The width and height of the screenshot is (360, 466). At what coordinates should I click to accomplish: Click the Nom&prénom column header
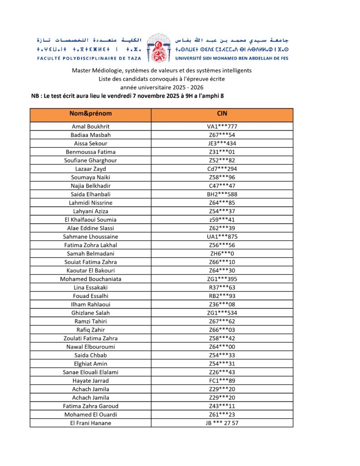click(x=91, y=113)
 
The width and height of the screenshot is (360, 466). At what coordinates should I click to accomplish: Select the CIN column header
click(x=222, y=113)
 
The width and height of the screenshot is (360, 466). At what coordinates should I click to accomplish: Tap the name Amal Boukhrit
click(x=91, y=127)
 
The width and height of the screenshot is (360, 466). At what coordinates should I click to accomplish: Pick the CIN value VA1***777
click(x=222, y=127)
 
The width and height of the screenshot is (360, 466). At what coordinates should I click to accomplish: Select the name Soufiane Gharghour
click(x=91, y=160)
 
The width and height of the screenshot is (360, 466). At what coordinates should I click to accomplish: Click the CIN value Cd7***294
click(x=222, y=169)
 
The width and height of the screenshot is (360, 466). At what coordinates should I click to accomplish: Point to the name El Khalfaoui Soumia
click(x=91, y=219)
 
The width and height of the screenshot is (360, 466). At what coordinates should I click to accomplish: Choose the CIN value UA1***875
click(x=222, y=237)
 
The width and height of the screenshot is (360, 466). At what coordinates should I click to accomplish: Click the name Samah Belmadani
click(x=91, y=253)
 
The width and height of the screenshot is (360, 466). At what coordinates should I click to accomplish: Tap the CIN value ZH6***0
click(x=222, y=253)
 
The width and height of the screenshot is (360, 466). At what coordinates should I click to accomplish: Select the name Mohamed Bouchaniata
click(x=91, y=279)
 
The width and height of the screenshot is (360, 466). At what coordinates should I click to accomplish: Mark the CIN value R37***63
click(x=222, y=287)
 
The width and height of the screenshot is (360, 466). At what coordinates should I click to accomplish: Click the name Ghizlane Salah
click(x=91, y=313)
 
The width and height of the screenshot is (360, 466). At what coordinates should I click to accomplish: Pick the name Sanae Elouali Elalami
click(x=91, y=372)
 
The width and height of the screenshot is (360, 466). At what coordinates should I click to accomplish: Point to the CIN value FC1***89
click(x=222, y=380)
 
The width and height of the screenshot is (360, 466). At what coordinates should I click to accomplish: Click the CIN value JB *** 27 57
click(x=222, y=423)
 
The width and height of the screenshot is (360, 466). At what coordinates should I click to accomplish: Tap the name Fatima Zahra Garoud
click(x=91, y=406)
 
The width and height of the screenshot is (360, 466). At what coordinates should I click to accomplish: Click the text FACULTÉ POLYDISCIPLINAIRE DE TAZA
click(x=89, y=58)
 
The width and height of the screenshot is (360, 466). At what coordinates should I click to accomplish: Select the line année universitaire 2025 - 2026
click(x=162, y=87)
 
